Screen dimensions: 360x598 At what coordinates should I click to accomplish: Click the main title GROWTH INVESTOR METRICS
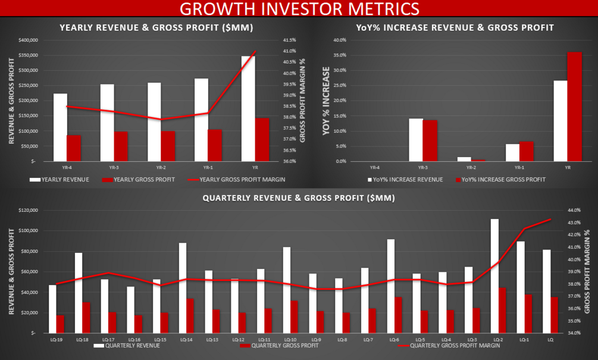[299, 9]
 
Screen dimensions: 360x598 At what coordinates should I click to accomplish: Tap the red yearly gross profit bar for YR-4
[74, 148]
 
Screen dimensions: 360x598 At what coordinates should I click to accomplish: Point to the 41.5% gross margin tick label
[290, 40]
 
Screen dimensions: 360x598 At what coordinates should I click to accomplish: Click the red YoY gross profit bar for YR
[574, 107]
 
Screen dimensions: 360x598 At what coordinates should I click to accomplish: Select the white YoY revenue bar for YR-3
[415, 140]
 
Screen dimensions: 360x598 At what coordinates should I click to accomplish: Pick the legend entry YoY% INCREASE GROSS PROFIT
[503, 179]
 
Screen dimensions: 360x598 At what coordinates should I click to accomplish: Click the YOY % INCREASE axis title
[326, 101]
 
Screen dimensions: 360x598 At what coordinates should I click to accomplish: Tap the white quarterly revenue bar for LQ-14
[182, 288]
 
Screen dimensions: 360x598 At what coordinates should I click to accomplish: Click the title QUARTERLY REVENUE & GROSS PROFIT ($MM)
[299, 198]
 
